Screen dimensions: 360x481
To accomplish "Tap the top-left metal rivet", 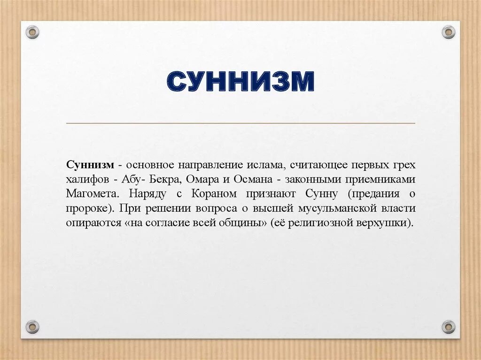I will (x=32, y=32).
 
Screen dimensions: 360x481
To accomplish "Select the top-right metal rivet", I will (x=449, y=32).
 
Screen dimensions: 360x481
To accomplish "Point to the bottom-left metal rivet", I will (x=32, y=327).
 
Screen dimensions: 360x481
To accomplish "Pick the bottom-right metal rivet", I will (x=449, y=327).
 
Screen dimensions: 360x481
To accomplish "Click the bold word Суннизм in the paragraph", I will (x=90, y=165).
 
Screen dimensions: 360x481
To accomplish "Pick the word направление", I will (x=209, y=165).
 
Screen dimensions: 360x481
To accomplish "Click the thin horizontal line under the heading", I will (x=240, y=123).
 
